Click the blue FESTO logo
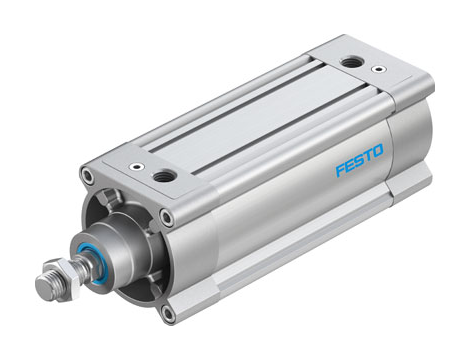coord(358,164)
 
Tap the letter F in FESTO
coord(338,171)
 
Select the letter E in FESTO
coord(348,167)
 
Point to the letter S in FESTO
coord(358,164)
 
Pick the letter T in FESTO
coord(367,160)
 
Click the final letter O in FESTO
coord(378,156)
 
